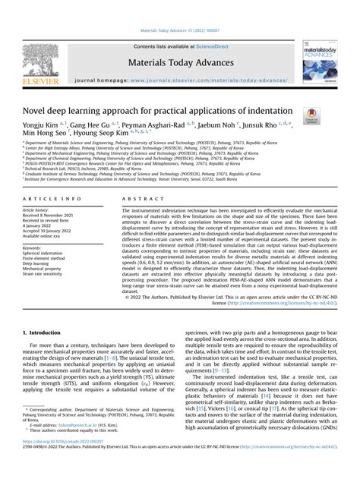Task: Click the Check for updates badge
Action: tap(311, 113)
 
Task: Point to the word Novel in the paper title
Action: tap(39, 111)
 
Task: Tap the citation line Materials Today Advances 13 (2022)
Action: tap(179, 31)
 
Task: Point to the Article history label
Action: tap(39, 210)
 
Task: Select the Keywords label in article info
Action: tap(34, 247)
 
